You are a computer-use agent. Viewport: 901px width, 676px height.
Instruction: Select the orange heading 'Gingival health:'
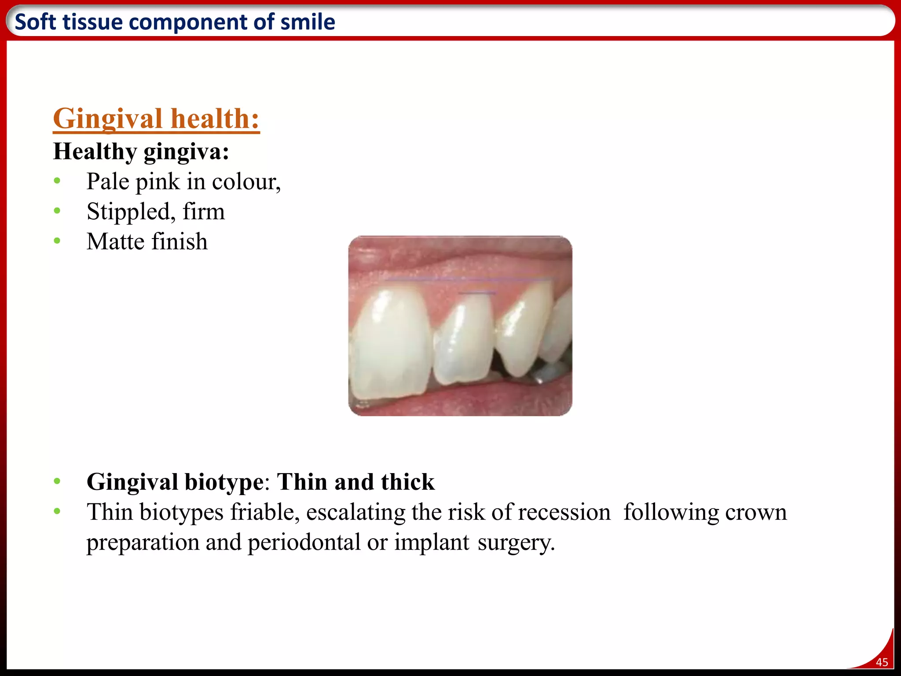pyautogui.click(x=156, y=119)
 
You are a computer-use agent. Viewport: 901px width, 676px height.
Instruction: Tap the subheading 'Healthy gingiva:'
pyautogui.click(x=141, y=152)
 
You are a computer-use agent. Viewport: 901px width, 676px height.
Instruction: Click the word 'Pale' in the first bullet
pyautogui.click(x=108, y=181)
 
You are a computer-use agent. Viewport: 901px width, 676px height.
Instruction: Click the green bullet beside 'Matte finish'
pyautogui.click(x=57, y=241)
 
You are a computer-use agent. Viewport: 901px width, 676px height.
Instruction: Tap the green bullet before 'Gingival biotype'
pyautogui.click(x=57, y=481)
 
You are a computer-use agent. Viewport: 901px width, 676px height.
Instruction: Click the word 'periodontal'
pyautogui.click(x=304, y=542)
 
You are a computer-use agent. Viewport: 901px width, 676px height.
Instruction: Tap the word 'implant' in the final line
pyautogui.click(x=432, y=542)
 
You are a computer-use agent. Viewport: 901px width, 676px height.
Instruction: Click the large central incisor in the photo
pyautogui.click(x=389, y=343)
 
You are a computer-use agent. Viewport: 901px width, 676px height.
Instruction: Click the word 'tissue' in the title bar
pyautogui.click(x=93, y=22)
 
